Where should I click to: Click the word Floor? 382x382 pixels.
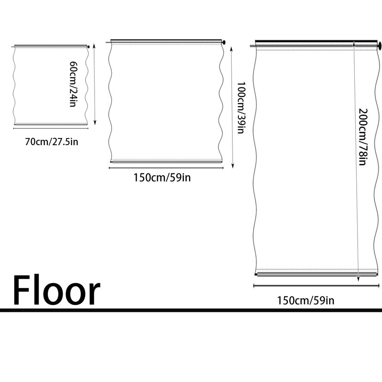coord(56,290)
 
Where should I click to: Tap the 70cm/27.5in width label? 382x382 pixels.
coord(52,142)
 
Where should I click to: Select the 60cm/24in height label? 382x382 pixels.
coord(74,84)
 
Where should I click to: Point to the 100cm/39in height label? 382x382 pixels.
coord(241,108)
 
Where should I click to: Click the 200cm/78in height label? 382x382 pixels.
coord(363,137)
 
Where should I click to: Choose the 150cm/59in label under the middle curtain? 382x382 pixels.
coord(162,178)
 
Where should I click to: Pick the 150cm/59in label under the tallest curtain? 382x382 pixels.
coord(306,300)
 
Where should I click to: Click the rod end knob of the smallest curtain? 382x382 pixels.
coord(88,46)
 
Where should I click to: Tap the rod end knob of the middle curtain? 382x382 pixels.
coord(223,42)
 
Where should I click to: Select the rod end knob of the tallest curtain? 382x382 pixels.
coord(380,45)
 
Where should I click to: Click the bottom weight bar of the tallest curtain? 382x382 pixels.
coord(317,275)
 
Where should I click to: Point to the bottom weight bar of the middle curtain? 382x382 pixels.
coord(166,161)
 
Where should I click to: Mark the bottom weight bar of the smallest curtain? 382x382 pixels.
coord(51,125)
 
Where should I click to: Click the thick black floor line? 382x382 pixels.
coord(191,310)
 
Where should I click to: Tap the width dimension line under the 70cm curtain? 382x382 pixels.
coord(51,128)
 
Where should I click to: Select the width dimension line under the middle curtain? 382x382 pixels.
coord(166,168)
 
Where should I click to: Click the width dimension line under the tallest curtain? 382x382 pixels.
coord(317,286)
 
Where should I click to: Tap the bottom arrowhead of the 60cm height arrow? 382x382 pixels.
coord(95,123)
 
